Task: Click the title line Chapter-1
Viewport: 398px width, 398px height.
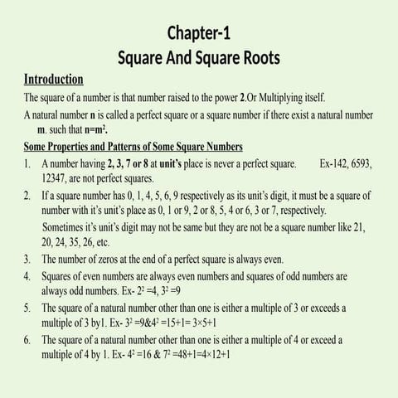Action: point(199,34)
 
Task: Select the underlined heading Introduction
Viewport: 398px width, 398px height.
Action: point(53,80)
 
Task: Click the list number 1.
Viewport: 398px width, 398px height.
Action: point(27,164)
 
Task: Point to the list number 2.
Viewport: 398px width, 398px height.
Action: point(27,197)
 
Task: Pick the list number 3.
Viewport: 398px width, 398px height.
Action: point(27,260)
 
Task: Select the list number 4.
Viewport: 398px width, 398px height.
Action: point(27,275)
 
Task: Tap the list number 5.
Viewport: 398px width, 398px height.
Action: point(27,308)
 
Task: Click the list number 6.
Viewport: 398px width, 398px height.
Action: point(27,340)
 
